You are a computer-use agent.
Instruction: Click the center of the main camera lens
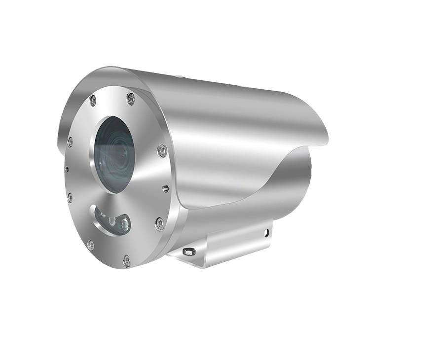tap(114, 154)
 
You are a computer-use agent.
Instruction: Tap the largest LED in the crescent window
tap(124, 225)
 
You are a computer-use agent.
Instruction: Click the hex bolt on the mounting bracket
tap(188, 252)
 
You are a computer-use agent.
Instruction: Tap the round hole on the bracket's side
tap(267, 231)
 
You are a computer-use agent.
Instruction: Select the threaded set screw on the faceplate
tap(165, 188)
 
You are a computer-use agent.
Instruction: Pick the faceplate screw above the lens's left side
tap(92, 102)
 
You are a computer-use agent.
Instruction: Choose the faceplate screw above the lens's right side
tap(131, 99)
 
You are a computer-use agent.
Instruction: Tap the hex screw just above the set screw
tap(162, 150)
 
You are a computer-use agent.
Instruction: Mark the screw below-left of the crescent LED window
tap(90, 244)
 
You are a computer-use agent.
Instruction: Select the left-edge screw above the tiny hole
tap(70, 142)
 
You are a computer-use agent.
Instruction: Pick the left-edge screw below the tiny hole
tap(70, 197)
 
